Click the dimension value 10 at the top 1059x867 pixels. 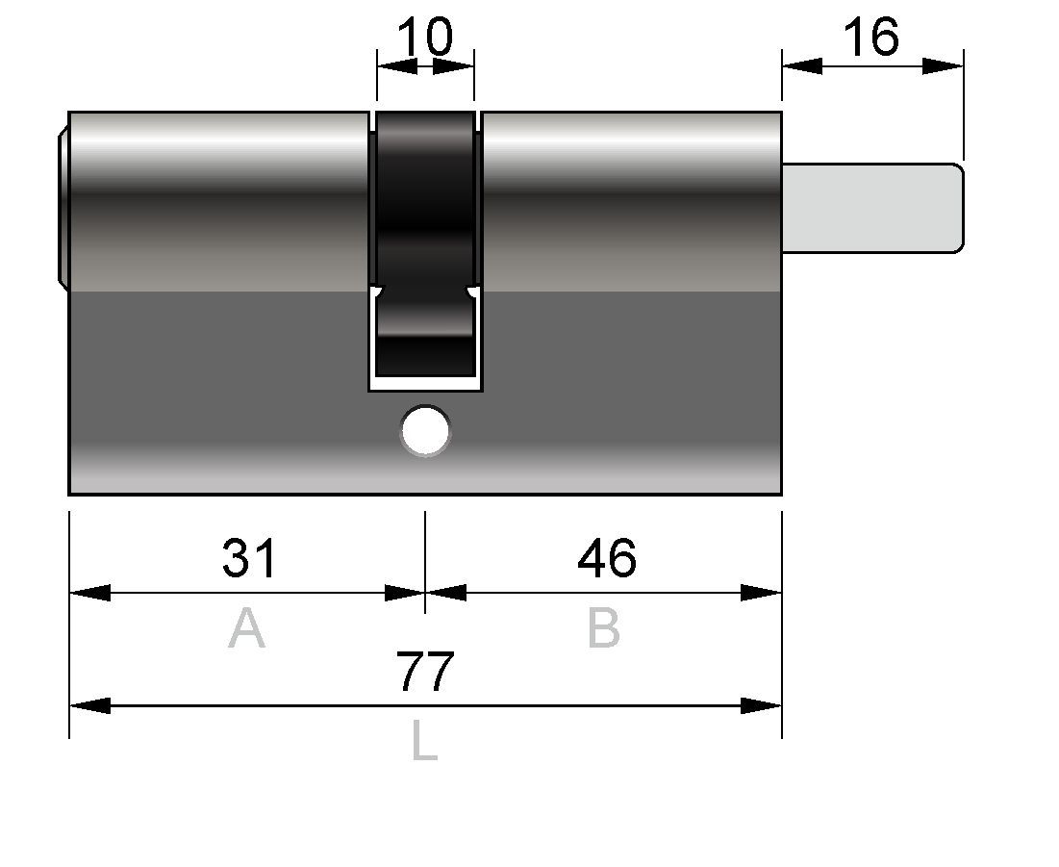[x=425, y=37]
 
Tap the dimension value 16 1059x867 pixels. [x=871, y=37]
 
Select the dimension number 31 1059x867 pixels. [x=249, y=558]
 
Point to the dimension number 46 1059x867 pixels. [x=607, y=558]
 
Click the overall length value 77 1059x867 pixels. [x=425, y=672]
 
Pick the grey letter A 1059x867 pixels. [x=246, y=627]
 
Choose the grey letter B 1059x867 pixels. [x=604, y=627]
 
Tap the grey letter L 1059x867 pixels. [x=425, y=741]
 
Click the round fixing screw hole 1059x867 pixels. [x=425, y=430]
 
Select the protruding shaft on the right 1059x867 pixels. [x=873, y=208]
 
